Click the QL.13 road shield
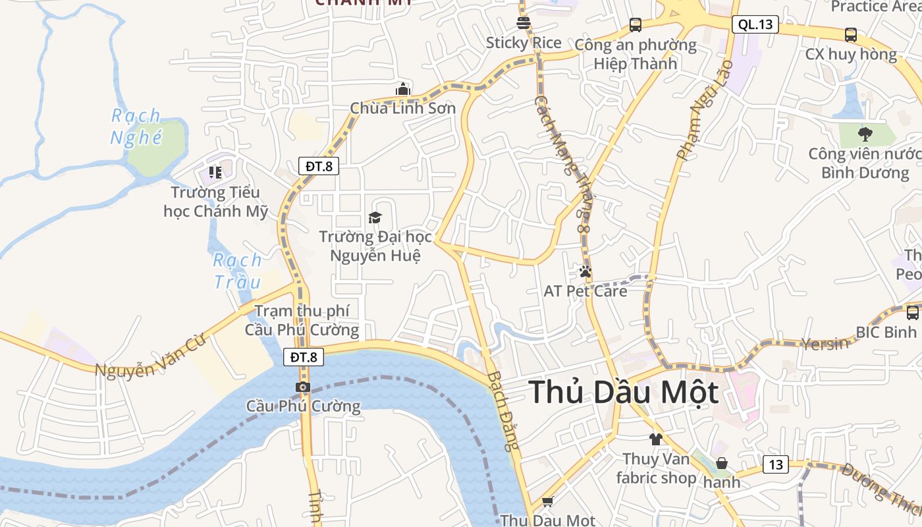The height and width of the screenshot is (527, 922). click(755, 25)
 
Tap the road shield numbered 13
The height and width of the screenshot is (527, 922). click(776, 464)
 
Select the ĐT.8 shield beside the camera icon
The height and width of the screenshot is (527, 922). click(304, 357)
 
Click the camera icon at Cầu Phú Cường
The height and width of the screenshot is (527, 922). click(303, 387)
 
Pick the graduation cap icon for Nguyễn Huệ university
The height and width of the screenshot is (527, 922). click(375, 217)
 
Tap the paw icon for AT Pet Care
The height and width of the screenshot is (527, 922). click(585, 271)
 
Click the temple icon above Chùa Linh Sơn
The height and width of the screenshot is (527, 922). click(402, 89)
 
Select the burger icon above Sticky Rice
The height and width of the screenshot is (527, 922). click(524, 24)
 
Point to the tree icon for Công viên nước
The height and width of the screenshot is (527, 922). click(865, 134)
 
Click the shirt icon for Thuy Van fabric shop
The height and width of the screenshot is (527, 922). click(655, 439)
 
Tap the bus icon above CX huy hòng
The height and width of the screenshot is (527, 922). click(850, 34)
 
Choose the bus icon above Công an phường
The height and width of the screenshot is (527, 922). click(635, 25)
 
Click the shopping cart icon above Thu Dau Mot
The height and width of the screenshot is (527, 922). click(547, 501)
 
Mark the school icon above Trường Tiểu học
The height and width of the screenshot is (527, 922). click(215, 173)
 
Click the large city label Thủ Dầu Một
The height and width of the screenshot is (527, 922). click(623, 392)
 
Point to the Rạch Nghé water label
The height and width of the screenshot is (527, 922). click(136, 126)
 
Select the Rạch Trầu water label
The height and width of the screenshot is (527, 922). click(238, 271)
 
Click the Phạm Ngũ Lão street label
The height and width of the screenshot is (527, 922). click(704, 110)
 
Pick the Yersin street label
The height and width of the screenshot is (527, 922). click(825, 343)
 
